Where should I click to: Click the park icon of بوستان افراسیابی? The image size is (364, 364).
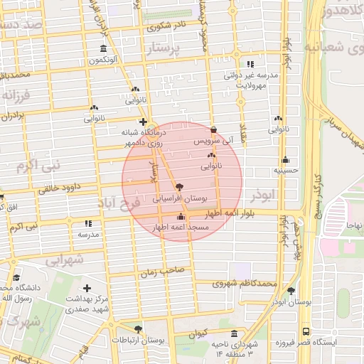[x=178, y=186]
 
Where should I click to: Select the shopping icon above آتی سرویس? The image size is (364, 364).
[x=214, y=130]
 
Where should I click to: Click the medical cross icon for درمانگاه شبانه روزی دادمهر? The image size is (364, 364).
[x=143, y=122]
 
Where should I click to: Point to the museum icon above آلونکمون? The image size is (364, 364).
[x=104, y=49]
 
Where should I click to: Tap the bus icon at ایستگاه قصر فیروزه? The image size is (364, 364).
[x=306, y=331]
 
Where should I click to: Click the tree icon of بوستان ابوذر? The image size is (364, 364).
[x=291, y=291]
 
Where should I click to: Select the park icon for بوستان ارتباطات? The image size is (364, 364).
[x=138, y=329]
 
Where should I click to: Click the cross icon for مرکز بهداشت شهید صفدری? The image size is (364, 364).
[x=87, y=289]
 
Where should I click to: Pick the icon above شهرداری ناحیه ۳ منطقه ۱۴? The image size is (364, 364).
[x=235, y=334]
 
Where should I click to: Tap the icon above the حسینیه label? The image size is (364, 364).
[x=285, y=159]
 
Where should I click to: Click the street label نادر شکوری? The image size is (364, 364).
[x=166, y=26]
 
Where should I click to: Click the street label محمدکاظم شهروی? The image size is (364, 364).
[x=237, y=284]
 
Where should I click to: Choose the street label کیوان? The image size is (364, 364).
[x=198, y=333]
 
